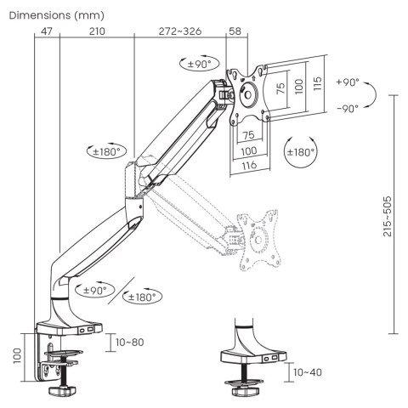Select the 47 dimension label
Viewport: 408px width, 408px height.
click(x=46, y=32)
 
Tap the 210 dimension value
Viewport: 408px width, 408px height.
click(x=96, y=32)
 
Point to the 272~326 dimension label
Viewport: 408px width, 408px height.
click(x=180, y=32)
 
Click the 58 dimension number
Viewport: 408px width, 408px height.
click(x=235, y=32)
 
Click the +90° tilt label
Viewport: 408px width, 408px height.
click(x=347, y=83)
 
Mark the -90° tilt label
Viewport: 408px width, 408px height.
click(x=347, y=109)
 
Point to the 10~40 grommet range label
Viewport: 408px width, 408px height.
click(x=306, y=371)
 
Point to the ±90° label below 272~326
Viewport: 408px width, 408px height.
click(x=199, y=63)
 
